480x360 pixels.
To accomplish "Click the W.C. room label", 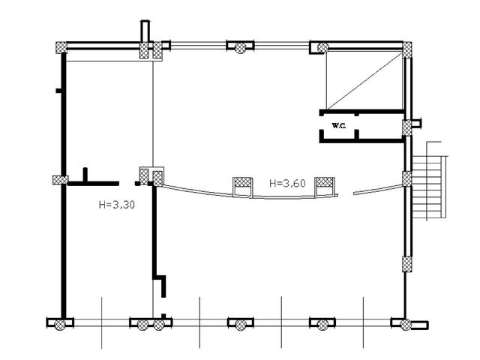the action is pos(339,125).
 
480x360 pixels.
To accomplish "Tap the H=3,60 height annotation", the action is pos(287,183).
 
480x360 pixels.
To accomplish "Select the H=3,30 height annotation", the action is pos(117,205).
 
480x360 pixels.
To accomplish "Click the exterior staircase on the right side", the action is pos(429,181).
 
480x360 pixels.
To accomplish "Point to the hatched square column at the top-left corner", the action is pos(61,48).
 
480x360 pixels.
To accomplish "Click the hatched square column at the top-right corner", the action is pos(406,48).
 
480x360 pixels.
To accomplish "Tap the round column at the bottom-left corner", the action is pos(60,324).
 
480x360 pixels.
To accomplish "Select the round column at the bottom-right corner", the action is pos(405,324).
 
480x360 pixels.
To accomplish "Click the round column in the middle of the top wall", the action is pos(240,47).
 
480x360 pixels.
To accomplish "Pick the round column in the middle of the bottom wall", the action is pos(240,324).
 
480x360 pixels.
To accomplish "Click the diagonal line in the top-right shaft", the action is pos(364,80).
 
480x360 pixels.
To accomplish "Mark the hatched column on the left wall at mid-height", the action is pos(60,180).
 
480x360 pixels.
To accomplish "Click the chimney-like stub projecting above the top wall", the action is pos(145,31).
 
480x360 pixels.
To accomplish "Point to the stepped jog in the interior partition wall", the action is pos(160,286).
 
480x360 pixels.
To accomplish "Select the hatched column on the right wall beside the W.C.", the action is pos(406,127).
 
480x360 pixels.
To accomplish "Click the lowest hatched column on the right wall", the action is pos(406,265).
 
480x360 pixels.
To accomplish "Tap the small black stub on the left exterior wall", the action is pos(58,91).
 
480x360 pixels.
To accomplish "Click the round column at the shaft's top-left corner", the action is pos(322,48).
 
